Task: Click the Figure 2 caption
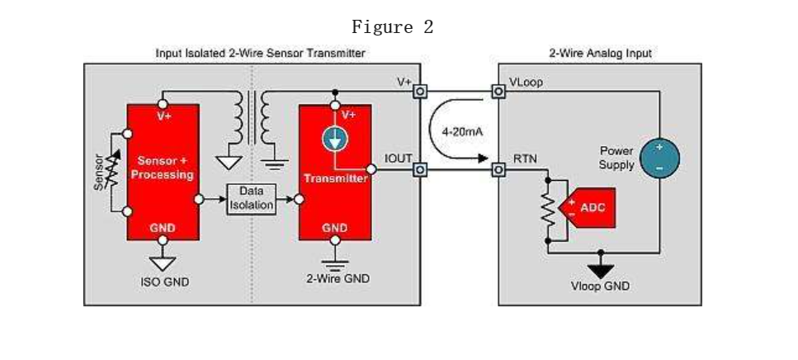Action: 392,27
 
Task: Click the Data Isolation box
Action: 250,198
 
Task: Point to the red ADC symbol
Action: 589,207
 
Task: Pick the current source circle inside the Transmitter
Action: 334,140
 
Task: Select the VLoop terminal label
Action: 526,83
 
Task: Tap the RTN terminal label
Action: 522,156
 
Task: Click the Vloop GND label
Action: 601,287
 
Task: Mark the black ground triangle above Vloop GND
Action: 601,268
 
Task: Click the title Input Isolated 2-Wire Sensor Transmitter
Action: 260,54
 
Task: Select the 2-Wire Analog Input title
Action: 600,54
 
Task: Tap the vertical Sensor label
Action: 99,172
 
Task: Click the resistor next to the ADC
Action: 547,210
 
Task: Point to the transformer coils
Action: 252,117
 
